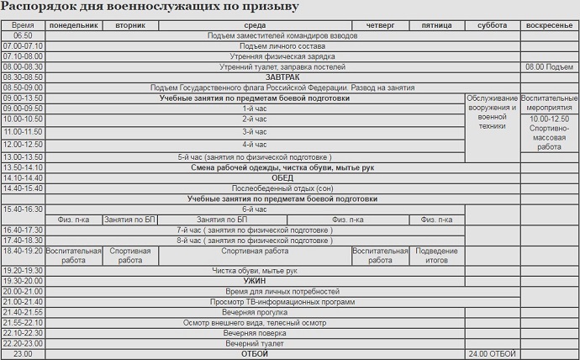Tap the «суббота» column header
pos(492,25)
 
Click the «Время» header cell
pos(23,25)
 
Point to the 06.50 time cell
pos(23,36)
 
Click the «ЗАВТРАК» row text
pos(254,77)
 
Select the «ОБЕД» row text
pos(254,177)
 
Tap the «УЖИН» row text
pos(254,280)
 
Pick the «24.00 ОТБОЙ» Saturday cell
pos(492,353)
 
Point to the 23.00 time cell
pos(23,353)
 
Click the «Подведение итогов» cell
pos(437,255)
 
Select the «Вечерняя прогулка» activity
pos(254,312)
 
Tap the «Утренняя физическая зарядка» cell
pos(254,56)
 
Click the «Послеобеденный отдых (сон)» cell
pos(254,188)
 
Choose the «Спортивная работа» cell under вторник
pos(130,255)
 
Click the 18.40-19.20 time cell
pos(23,250)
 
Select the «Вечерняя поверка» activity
pos(254,333)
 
